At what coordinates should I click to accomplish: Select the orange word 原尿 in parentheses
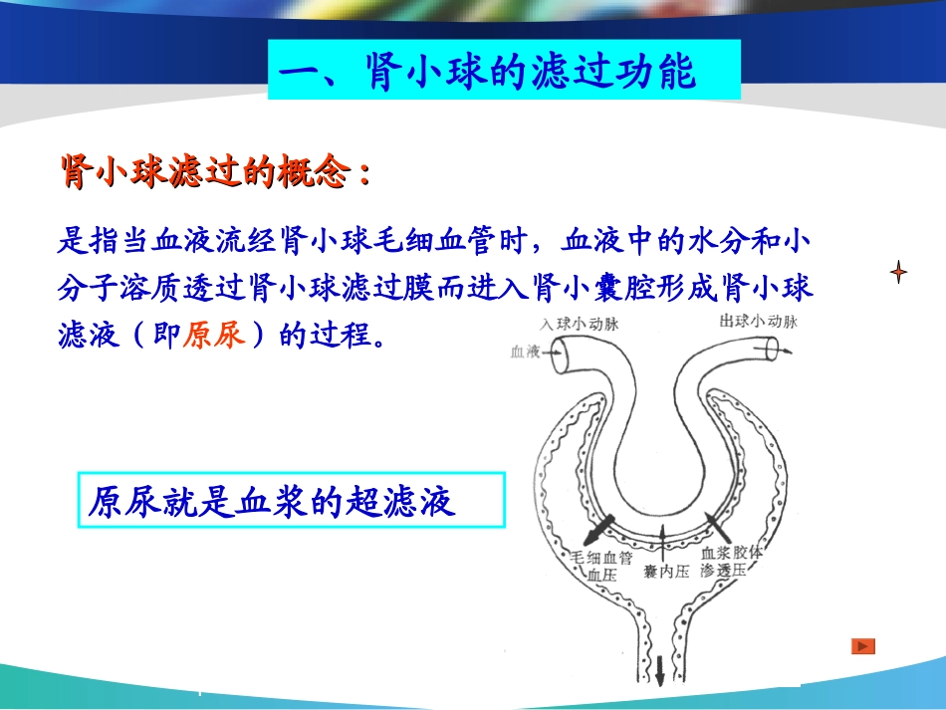[214, 335]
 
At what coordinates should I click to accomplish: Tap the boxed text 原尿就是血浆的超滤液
[272, 501]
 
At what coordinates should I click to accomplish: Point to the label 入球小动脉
[580, 323]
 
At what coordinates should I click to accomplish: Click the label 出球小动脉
[757, 322]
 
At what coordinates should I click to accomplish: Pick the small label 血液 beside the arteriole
[524, 352]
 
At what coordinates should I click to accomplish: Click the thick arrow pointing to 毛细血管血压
[599, 524]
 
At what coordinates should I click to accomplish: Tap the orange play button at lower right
[862, 646]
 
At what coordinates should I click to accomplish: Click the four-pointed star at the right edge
[898, 271]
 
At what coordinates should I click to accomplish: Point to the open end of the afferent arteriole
[563, 355]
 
